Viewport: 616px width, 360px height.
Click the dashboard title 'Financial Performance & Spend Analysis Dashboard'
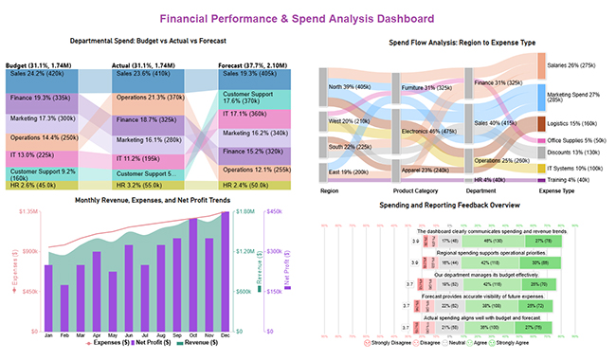point(307,18)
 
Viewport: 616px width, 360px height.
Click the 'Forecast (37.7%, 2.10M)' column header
point(251,63)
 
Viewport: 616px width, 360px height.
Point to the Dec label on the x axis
point(225,334)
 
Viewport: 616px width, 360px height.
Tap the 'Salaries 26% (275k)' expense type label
point(574,65)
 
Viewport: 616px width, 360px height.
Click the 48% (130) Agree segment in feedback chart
point(486,242)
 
